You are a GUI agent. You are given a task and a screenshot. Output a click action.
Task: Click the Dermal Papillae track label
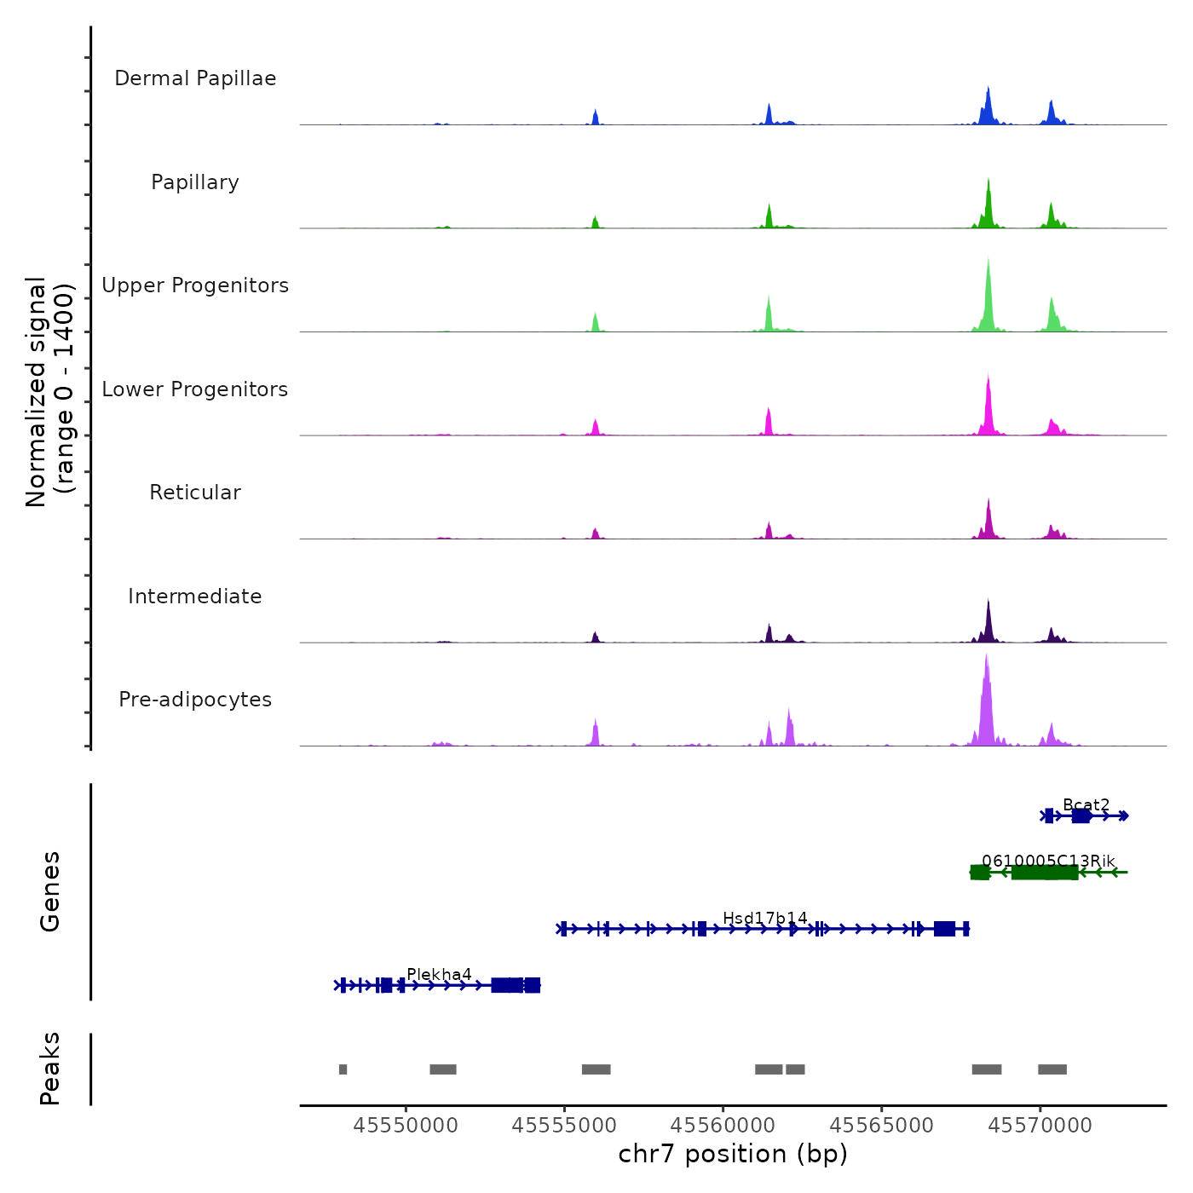pos(195,78)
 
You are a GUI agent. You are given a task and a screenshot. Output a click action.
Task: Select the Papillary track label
pos(195,182)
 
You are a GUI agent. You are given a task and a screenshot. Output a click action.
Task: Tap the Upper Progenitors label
pos(195,285)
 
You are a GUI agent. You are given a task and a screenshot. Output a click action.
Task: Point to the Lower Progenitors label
pos(195,389)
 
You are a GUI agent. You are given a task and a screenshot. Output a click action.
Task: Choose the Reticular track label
pos(195,493)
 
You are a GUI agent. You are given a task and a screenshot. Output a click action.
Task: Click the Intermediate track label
pos(195,596)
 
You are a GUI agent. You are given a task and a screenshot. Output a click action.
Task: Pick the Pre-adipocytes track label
pos(195,700)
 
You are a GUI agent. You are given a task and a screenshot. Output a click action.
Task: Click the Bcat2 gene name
pos(1086,805)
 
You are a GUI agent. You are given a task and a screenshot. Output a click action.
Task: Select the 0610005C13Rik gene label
pos(1048,862)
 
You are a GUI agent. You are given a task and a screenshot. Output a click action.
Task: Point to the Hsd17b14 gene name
pos(765,918)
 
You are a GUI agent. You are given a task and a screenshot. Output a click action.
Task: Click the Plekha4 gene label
pos(439,975)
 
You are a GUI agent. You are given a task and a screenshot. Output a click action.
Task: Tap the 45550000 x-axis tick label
pos(406,1126)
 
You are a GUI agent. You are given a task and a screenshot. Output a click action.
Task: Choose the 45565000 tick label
pos(881,1126)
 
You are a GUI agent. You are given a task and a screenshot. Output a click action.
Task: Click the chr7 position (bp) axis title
pos(733,1155)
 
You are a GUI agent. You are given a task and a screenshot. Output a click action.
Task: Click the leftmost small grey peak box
pos(343,1069)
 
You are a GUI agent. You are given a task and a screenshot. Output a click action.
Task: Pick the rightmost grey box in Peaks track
pos(1052,1069)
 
